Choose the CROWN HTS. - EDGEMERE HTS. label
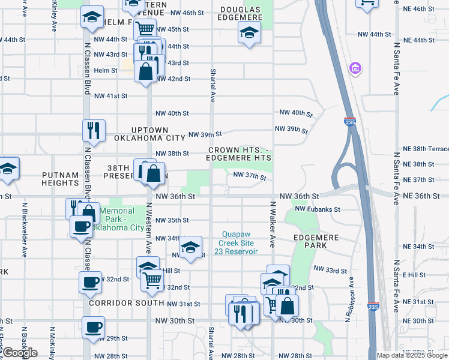[240, 154]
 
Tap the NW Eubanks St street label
[318, 209]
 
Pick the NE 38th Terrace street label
[423, 149]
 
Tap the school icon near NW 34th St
[190, 247]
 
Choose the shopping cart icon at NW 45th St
[145, 28]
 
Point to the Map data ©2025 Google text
[411, 355]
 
